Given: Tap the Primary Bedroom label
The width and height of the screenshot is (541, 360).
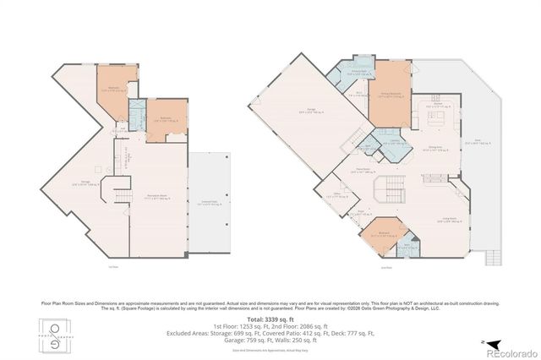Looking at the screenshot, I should click(x=390, y=95).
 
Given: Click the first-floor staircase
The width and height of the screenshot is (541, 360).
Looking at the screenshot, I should click(x=122, y=195).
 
